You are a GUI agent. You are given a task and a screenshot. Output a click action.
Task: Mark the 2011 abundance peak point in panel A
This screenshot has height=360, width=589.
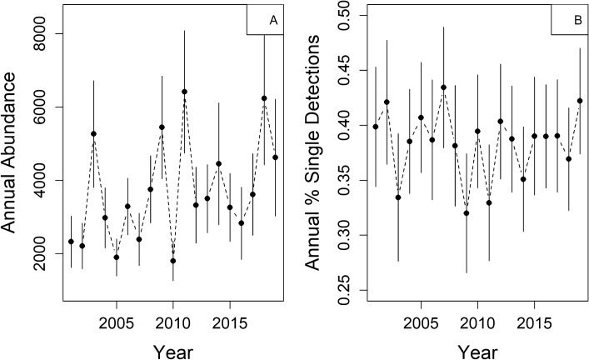(184, 92)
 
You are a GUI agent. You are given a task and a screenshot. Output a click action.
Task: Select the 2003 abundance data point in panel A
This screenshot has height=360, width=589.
(93, 133)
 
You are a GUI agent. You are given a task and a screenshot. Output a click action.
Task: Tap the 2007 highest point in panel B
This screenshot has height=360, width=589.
(443, 87)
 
